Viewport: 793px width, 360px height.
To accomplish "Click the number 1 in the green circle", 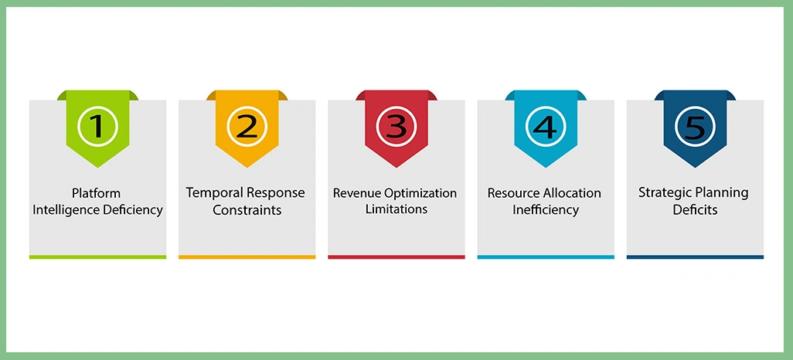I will pos(97,126).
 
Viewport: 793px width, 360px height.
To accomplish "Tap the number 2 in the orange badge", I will pos(247,126).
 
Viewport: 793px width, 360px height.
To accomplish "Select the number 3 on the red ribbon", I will pos(396,126).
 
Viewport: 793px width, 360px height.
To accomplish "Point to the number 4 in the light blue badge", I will pos(546,126).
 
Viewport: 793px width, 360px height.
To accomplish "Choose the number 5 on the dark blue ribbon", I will pos(695,126).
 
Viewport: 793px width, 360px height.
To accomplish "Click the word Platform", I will pos(97,192).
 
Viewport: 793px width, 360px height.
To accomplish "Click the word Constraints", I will pos(247,209).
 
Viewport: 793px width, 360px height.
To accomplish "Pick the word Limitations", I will pos(396,209).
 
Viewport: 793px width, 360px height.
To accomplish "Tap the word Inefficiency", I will pos(546,209).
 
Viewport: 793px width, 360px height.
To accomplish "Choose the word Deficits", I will pos(695,209).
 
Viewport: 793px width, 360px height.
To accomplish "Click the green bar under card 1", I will pos(97,256).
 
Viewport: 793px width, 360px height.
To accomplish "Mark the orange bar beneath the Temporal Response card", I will pos(247,256).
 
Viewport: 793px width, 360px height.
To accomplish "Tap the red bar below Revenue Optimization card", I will pos(396,256).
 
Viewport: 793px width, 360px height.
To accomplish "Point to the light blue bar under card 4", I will pos(546,256).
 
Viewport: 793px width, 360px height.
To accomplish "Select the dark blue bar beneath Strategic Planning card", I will pos(695,256).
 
